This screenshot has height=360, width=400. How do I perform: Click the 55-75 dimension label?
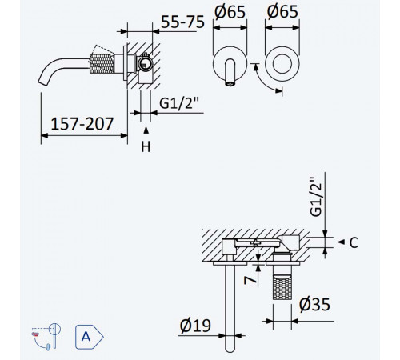183,22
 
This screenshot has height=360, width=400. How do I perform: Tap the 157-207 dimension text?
82,124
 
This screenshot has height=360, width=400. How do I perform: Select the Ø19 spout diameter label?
195,326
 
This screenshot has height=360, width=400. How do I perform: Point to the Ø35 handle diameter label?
314,304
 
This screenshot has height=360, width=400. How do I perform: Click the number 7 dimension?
250,280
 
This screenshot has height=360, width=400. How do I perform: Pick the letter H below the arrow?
146,146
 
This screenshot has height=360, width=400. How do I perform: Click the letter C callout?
354,242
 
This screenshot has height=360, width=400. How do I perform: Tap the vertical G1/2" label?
317,197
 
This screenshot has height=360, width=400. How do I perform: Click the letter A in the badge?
86,337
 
